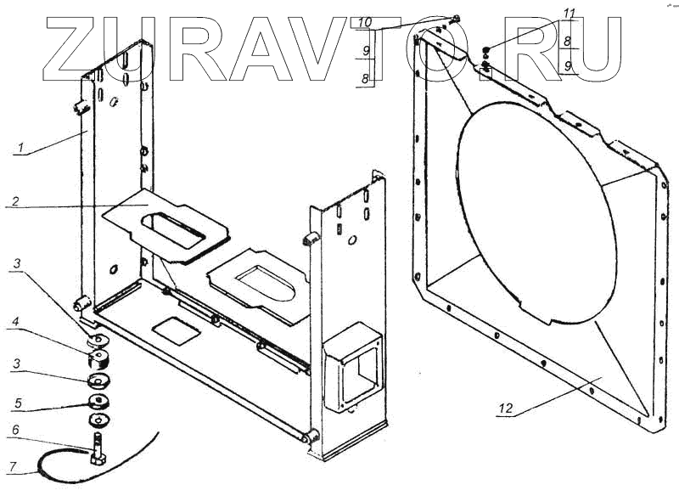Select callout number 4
tap(17, 322)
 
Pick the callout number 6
tap(15, 431)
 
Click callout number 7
tap(15, 465)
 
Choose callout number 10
tap(364, 20)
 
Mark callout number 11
tap(570, 14)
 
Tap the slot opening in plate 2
tap(177, 230)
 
